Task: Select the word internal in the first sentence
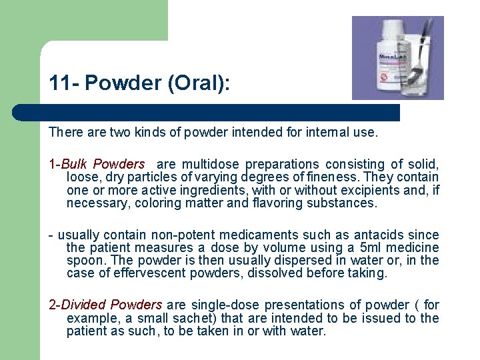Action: click(x=317, y=133)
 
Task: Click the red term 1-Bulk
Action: click(x=69, y=164)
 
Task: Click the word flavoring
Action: click(x=275, y=203)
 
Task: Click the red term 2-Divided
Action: click(x=83, y=305)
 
